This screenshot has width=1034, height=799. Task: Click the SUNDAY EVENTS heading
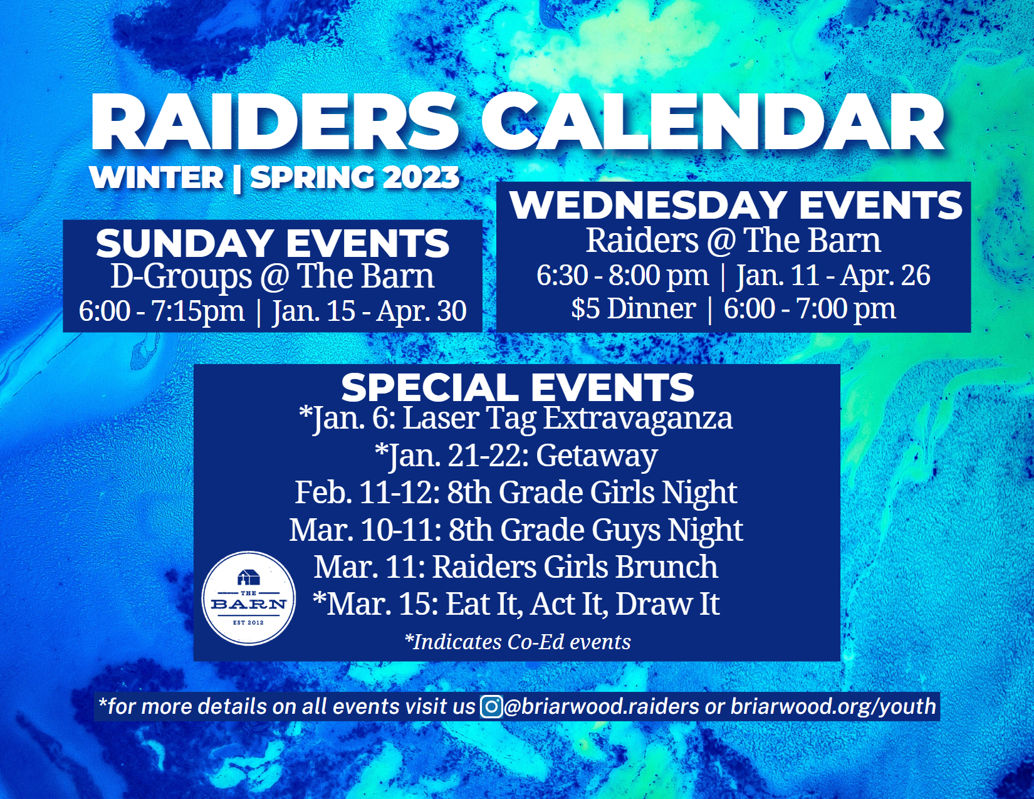273,243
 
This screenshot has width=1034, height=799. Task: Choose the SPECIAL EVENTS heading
518,387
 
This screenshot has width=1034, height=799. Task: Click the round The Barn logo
248,598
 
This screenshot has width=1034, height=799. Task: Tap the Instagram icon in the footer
491,706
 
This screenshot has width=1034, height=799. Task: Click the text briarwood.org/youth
833,706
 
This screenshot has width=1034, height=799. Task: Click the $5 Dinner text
634,308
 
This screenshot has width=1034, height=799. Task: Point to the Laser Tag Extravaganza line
515,419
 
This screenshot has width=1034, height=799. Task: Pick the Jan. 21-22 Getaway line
516,456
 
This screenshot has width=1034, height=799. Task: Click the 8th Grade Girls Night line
516,493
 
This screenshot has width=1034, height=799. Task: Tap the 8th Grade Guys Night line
516,530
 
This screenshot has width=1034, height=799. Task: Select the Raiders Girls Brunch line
516,567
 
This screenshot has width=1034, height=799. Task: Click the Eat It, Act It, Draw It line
516,604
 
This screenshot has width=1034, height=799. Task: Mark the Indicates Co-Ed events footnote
518,642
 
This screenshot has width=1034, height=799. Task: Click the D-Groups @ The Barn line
273,276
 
